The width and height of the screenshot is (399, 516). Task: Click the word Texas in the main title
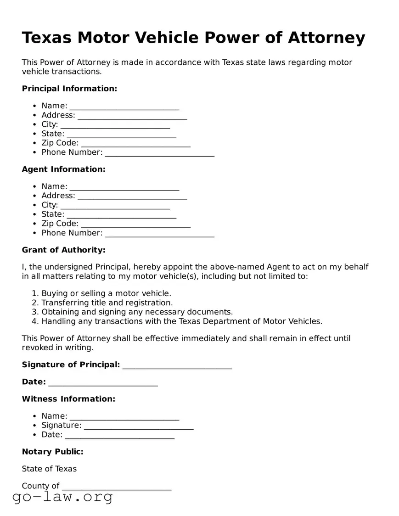point(46,38)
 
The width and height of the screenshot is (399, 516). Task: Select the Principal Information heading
point(69,89)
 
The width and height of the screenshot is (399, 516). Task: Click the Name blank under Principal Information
point(124,107)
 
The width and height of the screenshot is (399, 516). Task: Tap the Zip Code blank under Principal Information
point(135,144)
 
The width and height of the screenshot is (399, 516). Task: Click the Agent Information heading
point(63,169)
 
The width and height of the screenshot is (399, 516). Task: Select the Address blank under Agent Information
point(132,197)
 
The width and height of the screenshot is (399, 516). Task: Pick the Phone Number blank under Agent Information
point(159,234)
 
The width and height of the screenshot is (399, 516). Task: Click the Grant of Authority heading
point(63,250)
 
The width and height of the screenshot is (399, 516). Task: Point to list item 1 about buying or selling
point(106,293)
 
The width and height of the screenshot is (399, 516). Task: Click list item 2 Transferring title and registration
point(107,303)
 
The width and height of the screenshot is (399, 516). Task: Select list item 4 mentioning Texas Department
point(182,321)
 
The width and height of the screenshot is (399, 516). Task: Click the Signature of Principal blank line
point(177,366)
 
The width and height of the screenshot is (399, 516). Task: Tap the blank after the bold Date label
point(103,383)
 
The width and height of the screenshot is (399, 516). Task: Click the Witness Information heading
point(68,399)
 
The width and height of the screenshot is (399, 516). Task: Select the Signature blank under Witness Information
point(139,427)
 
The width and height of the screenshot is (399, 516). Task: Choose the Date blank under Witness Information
point(119,436)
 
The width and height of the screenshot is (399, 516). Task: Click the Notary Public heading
point(52,452)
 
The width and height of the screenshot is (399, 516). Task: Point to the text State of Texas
point(49,469)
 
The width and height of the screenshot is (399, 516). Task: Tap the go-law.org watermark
point(62,497)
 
